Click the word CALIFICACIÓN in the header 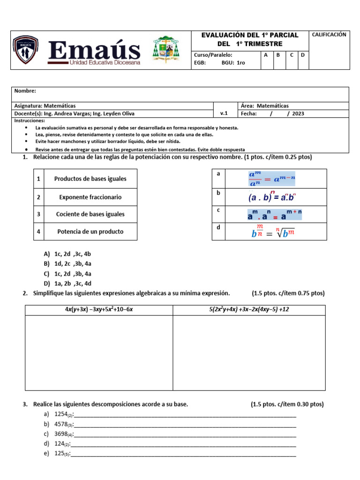pyautogui.click(x=329, y=35)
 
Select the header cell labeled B pyautogui.click(x=278, y=55)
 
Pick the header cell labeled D pyautogui.click(x=303, y=55)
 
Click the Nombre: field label pyautogui.click(x=25, y=91)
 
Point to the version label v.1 pyautogui.click(x=224, y=113)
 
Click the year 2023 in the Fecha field pyautogui.click(x=298, y=113)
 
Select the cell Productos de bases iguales pyautogui.click(x=90, y=179)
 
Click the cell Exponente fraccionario pyautogui.click(x=90, y=197)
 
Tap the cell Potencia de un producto pyautogui.click(x=90, y=232)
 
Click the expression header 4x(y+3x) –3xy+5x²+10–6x pyautogui.click(x=99, y=309)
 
